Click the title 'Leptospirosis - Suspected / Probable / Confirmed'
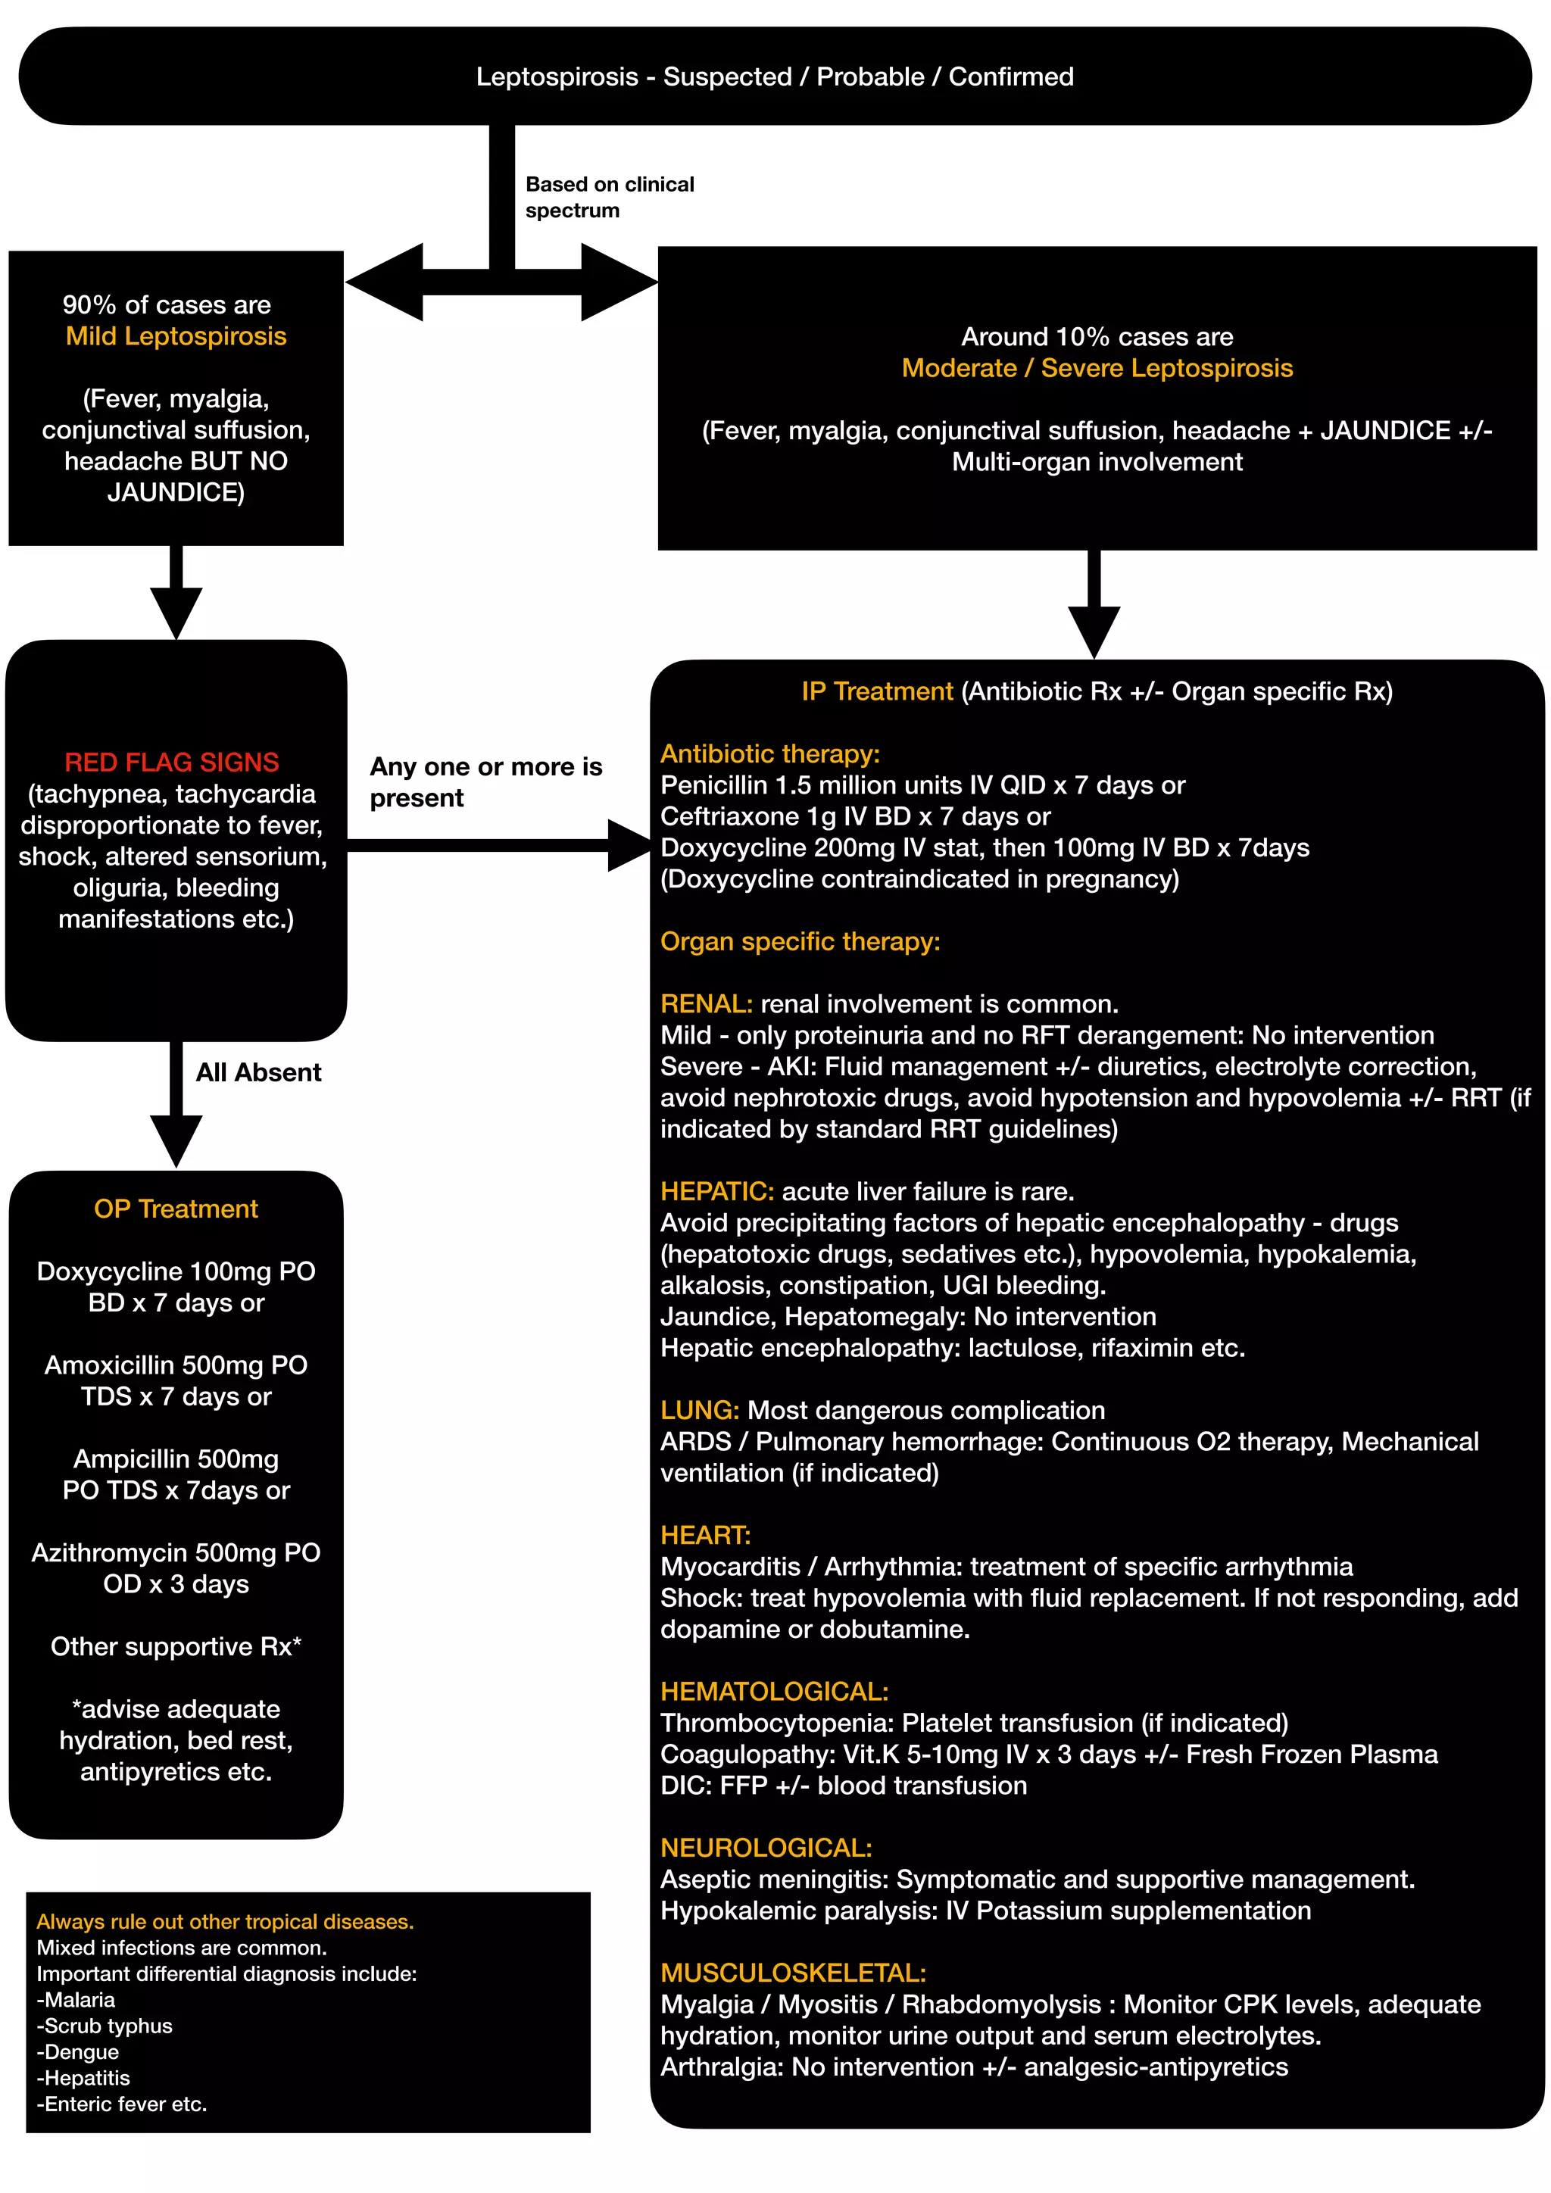[775, 76]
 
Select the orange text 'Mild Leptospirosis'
[176, 336]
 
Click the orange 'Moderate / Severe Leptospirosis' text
[1097, 368]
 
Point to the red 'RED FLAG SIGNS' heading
[172, 763]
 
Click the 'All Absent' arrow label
[257, 1072]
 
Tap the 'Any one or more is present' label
[485, 781]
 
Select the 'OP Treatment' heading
[176, 1209]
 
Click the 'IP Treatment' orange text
[877, 691]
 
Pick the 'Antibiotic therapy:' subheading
[769, 753]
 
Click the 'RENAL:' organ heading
[706, 1004]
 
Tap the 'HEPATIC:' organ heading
[716, 1191]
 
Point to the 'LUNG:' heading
[699, 1410]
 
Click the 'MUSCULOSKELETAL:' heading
[793, 1973]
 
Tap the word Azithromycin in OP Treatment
[109, 1552]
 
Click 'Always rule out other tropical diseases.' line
[224, 1921]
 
